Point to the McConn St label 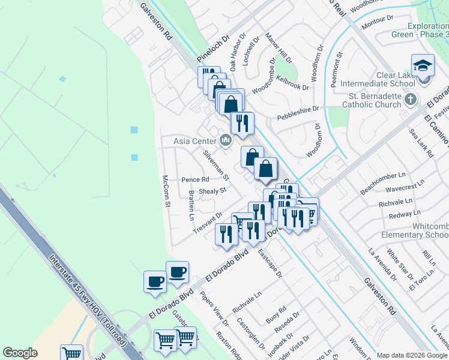pyautogui.click(x=166, y=191)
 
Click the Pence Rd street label pyautogui.click(x=195, y=179)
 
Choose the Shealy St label pyautogui.click(x=212, y=190)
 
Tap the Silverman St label pyautogui.click(x=216, y=165)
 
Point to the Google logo pyautogui.click(x=20, y=353)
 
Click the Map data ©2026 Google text pyautogui.click(x=411, y=355)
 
